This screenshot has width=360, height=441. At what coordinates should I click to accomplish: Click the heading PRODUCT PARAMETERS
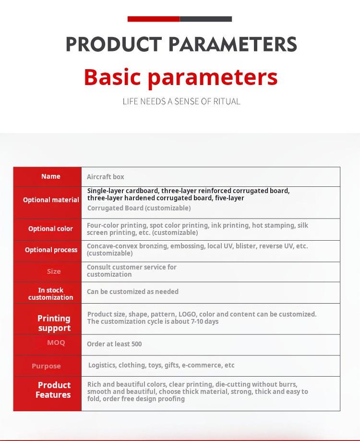[x=181, y=44]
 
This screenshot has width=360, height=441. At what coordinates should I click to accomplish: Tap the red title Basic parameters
[x=180, y=77]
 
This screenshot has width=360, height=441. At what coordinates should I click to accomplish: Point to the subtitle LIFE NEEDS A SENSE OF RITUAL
[x=181, y=101]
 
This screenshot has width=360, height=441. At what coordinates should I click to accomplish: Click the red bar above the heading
[x=154, y=19]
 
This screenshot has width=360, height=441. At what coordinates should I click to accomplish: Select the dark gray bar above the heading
[x=206, y=19]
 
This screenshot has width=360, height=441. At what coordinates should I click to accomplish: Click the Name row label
[x=50, y=176]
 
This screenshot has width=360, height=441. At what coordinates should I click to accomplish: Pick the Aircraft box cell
[x=106, y=177]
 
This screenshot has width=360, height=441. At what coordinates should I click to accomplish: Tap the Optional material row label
[x=51, y=200]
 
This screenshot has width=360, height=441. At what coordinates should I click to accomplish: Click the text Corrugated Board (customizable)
[x=139, y=208]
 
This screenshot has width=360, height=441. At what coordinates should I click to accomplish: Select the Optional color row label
[x=50, y=229]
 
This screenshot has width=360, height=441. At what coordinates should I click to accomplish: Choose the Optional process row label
[x=51, y=250]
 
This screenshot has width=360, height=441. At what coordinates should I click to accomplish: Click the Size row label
[x=54, y=271]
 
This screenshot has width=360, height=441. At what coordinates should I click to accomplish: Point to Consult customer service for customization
[x=132, y=270]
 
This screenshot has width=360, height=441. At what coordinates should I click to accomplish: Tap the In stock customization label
[x=51, y=294]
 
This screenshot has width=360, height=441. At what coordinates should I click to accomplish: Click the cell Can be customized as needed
[x=132, y=292]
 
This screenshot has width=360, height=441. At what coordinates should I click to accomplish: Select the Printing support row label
[x=54, y=323]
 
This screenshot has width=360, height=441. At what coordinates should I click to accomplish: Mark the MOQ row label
[x=56, y=343]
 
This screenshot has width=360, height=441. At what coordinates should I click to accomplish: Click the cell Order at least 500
[x=114, y=344]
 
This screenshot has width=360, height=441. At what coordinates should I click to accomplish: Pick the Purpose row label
[x=46, y=366]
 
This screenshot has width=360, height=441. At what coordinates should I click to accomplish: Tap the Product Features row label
[x=54, y=390]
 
